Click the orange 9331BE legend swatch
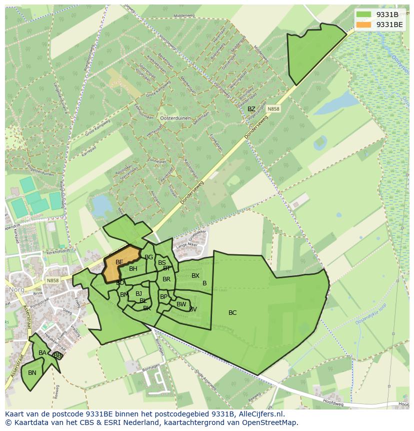[x=364, y=25]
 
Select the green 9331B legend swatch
[x=364, y=15]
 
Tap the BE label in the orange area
[x=119, y=262]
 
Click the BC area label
[x=232, y=313]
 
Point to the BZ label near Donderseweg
[x=251, y=109]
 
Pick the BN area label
[x=32, y=373]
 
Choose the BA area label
[x=42, y=353]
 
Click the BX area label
[x=195, y=276]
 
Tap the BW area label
[x=181, y=304]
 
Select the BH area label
[x=133, y=269]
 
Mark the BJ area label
[x=138, y=294]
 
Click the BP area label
[x=163, y=297]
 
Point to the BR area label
[x=166, y=279]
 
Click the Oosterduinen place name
[x=173, y=118]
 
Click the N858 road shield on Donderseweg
[x=273, y=109]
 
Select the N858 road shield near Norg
[x=52, y=281]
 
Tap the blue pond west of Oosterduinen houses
[x=101, y=205]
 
